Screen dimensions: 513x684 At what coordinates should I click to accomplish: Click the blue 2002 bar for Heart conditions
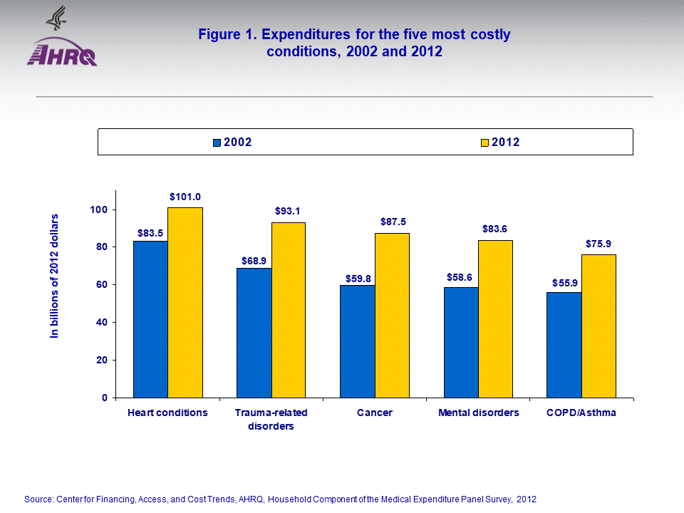tap(150, 319)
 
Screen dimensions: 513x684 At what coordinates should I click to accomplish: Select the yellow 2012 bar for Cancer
tap(392, 315)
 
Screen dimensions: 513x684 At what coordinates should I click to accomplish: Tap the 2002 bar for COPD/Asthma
tap(564, 345)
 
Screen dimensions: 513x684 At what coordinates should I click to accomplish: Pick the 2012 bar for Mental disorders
tap(495, 318)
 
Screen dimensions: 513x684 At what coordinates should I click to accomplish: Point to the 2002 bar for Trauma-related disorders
tap(254, 333)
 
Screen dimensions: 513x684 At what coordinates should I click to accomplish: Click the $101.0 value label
tap(185, 196)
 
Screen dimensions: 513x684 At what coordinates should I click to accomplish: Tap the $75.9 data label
tap(599, 243)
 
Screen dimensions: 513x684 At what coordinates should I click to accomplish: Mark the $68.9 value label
tap(254, 256)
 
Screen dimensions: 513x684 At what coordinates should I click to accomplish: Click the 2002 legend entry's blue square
tap(217, 142)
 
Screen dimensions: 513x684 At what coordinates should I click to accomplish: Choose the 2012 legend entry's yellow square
tap(484, 142)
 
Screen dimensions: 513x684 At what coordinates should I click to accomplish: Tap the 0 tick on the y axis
tap(104, 398)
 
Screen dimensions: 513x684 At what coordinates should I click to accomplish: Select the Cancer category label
tap(375, 413)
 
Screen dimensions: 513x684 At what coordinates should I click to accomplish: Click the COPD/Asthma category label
tap(581, 413)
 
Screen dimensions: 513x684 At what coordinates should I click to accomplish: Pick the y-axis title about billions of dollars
tap(55, 275)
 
